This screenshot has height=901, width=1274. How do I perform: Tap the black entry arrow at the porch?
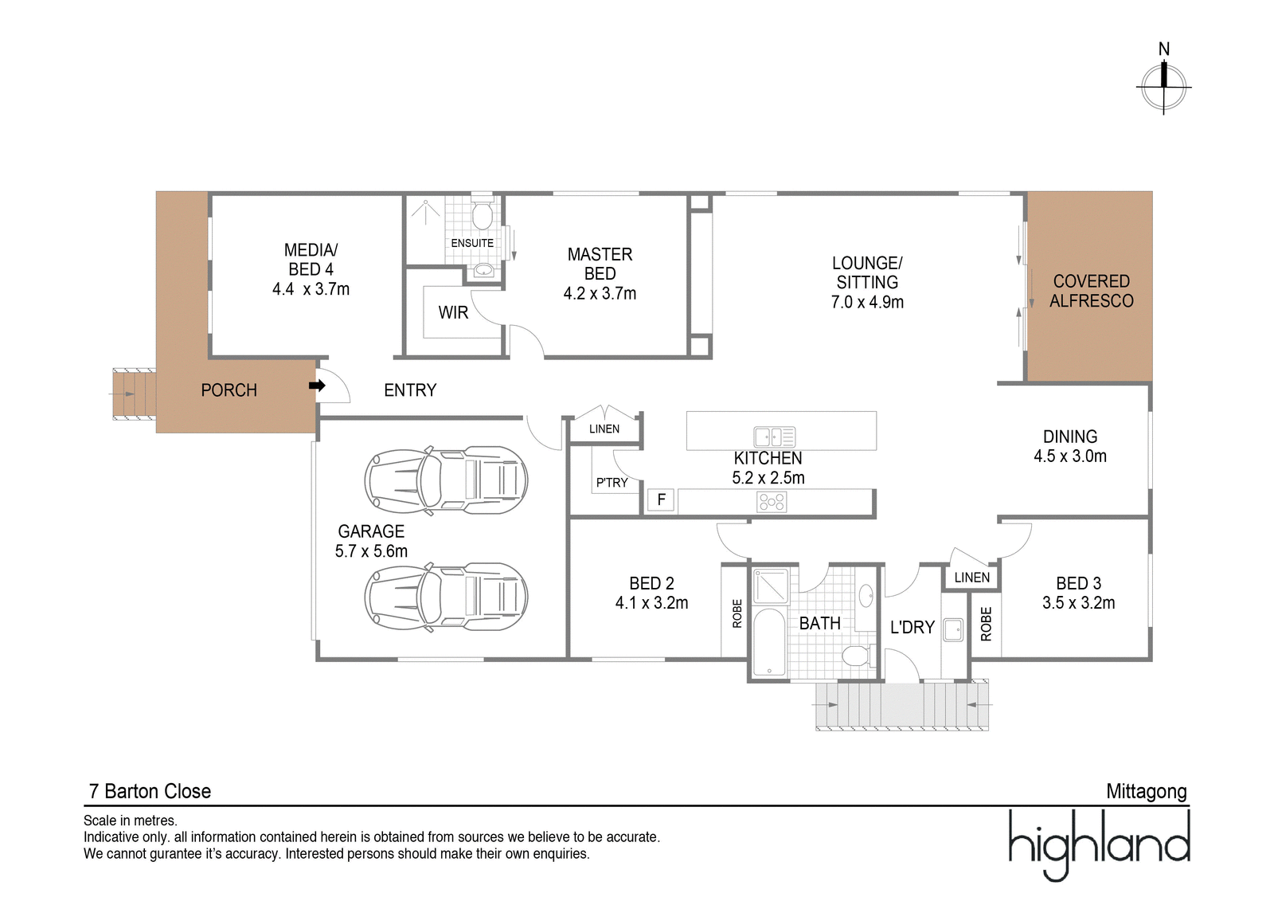[x=317, y=386]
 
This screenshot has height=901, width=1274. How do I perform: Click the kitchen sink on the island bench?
[x=774, y=437]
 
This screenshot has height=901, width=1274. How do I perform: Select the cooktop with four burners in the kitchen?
[x=772, y=502]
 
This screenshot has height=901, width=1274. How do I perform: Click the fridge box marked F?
[x=661, y=500]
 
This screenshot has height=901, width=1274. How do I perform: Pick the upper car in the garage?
[x=446, y=480]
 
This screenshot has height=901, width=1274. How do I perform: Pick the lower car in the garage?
[x=446, y=597]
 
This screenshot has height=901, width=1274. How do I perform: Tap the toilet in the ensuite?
[x=483, y=215]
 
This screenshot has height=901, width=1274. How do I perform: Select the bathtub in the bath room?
[x=770, y=642]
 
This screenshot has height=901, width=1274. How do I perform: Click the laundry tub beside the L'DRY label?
[x=953, y=630]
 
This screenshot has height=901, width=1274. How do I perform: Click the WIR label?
[x=453, y=313]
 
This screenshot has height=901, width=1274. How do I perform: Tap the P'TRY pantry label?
[x=612, y=483]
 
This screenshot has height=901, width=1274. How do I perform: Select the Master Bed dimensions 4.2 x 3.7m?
[x=600, y=294]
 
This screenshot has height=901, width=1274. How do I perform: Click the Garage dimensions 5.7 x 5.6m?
[x=371, y=551]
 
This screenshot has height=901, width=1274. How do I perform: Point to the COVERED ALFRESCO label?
[x=1091, y=291]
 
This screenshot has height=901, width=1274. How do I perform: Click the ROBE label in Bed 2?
[x=737, y=613]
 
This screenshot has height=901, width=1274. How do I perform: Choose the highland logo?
[x=1099, y=844]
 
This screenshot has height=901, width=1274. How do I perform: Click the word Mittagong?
[x=1146, y=792]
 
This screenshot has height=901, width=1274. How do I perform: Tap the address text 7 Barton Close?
[x=150, y=792]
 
